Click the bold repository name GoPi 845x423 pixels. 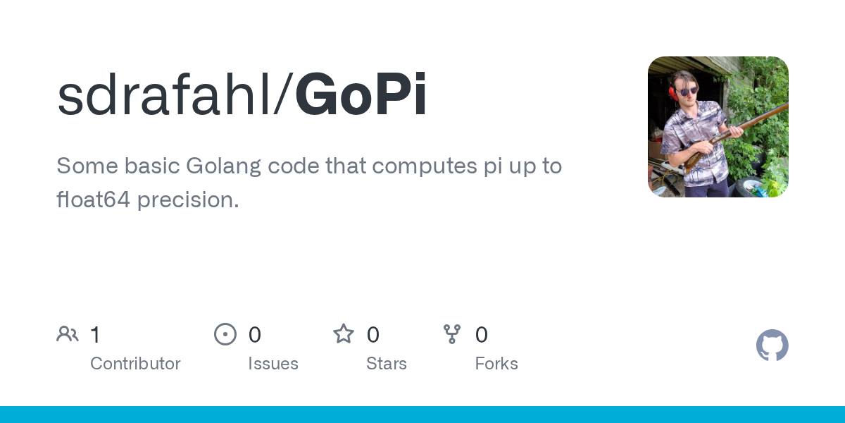click(361, 94)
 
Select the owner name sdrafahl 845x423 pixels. click(164, 94)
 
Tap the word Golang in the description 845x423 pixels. click(223, 166)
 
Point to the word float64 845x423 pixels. click(93, 199)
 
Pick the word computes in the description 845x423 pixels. click(425, 166)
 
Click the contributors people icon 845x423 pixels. click(68, 334)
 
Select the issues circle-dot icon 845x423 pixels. click(225, 334)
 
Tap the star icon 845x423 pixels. click(344, 334)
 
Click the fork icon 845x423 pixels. click(452, 334)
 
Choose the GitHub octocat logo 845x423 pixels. click(772, 345)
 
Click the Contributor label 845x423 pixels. click(135, 364)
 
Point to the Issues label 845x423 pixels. click(273, 364)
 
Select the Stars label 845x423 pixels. click(387, 364)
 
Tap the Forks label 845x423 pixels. click(496, 364)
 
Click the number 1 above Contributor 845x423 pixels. click(96, 335)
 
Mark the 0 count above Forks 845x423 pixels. click(482, 335)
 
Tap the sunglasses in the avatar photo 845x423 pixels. click(688, 92)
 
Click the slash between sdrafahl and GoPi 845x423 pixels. click(283, 94)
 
